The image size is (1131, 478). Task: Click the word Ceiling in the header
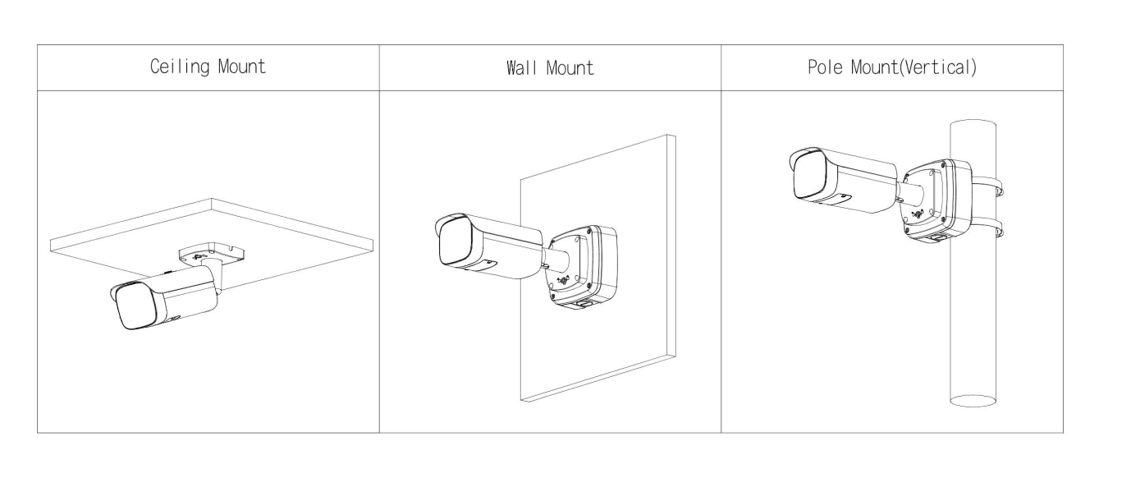tap(179, 67)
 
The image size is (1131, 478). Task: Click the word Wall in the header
tap(521, 67)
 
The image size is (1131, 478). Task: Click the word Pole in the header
tap(825, 67)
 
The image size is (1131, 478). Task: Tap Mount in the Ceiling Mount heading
tap(242, 67)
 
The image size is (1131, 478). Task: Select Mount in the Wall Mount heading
tap(570, 67)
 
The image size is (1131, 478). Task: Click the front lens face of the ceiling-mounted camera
tap(137, 306)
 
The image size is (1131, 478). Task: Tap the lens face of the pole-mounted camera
tap(810, 175)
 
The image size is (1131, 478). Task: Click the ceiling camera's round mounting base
tap(211, 254)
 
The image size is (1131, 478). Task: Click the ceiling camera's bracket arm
tap(214, 277)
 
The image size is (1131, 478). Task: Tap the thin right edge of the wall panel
tap(672, 246)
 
